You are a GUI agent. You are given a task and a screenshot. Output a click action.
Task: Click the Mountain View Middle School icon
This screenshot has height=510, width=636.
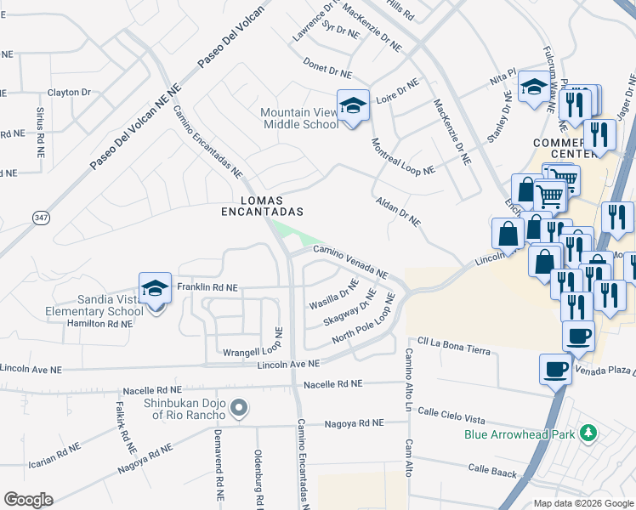coord(353,106)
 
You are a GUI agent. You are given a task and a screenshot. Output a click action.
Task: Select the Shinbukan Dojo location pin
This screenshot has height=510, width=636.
coord(239,409)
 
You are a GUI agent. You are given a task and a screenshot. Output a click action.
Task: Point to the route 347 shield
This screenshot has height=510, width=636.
coord(41,218)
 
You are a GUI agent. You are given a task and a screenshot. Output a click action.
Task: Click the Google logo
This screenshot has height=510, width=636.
coord(28,499)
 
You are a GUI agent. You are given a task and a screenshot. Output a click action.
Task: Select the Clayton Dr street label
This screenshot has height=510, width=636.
coord(69,92)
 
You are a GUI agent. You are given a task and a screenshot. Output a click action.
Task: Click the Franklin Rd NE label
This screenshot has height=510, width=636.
coord(207,288)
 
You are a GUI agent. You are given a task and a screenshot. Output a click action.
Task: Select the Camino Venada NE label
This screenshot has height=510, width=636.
coord(350,262)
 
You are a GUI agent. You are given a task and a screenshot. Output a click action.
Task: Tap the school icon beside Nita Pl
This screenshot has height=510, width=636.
coord(533,88)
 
